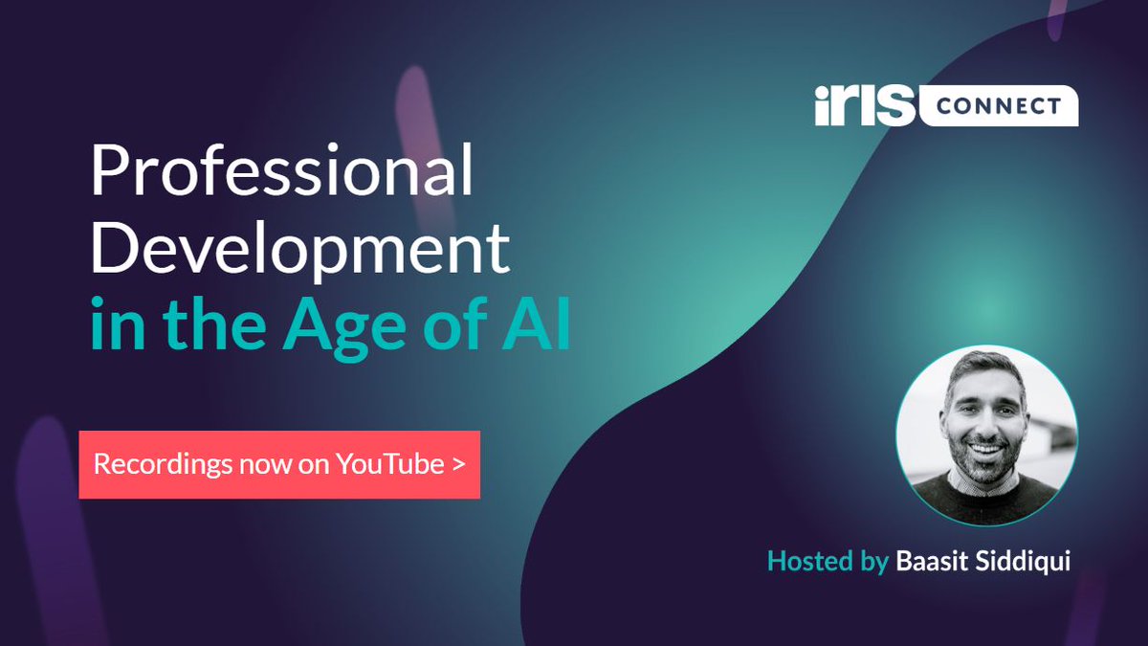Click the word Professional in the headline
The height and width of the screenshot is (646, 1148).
tap(282, 175)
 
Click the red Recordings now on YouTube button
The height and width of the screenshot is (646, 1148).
tap(279, 464)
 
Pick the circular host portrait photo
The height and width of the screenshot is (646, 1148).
tap(986, 434)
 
